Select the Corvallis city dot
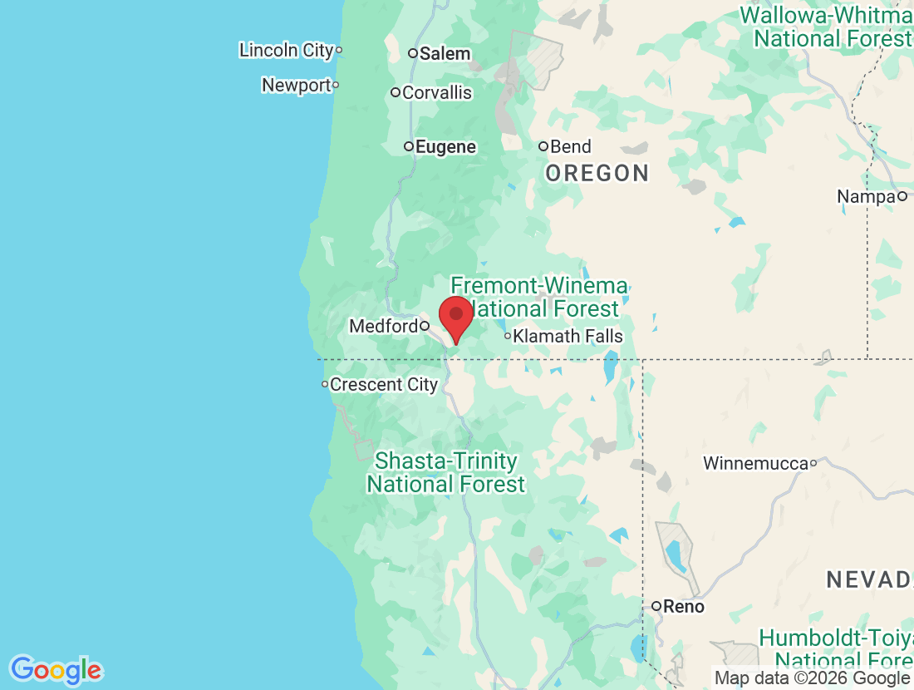(396, 92)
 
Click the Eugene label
(446, 147)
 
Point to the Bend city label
(571, 147)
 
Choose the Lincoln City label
(286, 50)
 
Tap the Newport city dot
(336, 85)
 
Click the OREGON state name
(597, 173)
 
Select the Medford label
(383, 326)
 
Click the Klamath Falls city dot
(508, 337)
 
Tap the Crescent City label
(384, 385)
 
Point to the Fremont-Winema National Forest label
(539, 298)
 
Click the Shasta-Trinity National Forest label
(446, 472)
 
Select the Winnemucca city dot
(813, 463)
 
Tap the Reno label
(684, 607)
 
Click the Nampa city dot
(902, 197)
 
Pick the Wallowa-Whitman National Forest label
(829, 27)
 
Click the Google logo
(57, 669)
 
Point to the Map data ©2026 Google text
(812, 678)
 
